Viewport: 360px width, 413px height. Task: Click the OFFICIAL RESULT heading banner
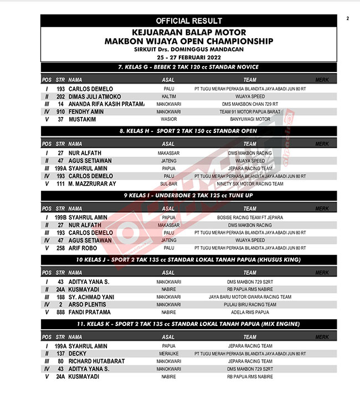(189, 21)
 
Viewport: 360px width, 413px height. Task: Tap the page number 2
(348, 19)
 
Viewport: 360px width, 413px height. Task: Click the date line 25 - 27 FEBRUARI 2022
(188, 57)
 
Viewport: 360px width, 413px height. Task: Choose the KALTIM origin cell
(169, 96)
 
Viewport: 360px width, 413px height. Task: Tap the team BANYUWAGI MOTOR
(250, 119)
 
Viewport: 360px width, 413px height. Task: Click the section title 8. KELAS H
(188, 131)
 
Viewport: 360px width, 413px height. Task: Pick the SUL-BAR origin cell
(169, 183)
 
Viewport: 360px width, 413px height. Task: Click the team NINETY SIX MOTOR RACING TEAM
(250, 183)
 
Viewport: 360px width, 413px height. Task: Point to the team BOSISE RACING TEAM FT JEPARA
(250, 217)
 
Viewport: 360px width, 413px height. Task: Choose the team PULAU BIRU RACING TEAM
(250, 304)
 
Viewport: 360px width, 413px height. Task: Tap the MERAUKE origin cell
(169, 353)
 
